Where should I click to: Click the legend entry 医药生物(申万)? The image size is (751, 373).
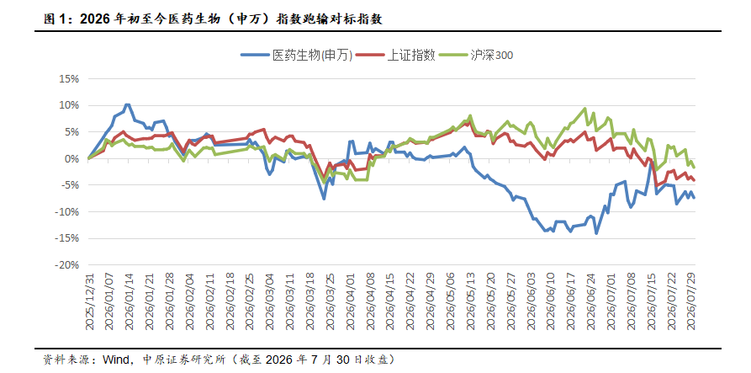coord(297,55)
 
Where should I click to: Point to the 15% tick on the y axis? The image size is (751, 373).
coord(69,78)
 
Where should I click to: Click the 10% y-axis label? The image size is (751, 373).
coord(69,105)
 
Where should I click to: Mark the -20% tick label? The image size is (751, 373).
coord(67,265)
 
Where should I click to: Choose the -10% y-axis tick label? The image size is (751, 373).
coord(67,212)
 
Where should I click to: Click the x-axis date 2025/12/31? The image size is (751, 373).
coord(88,301)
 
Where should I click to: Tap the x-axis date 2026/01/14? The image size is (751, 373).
coord(129,301)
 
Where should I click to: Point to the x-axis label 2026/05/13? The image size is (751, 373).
coord(471,301)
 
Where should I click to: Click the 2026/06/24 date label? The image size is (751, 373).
coord(591,301)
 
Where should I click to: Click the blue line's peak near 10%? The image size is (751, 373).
coord(127,104)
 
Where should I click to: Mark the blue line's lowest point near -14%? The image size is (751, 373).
coord(596,233)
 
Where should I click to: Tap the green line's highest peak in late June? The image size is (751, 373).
coord(584,109)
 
